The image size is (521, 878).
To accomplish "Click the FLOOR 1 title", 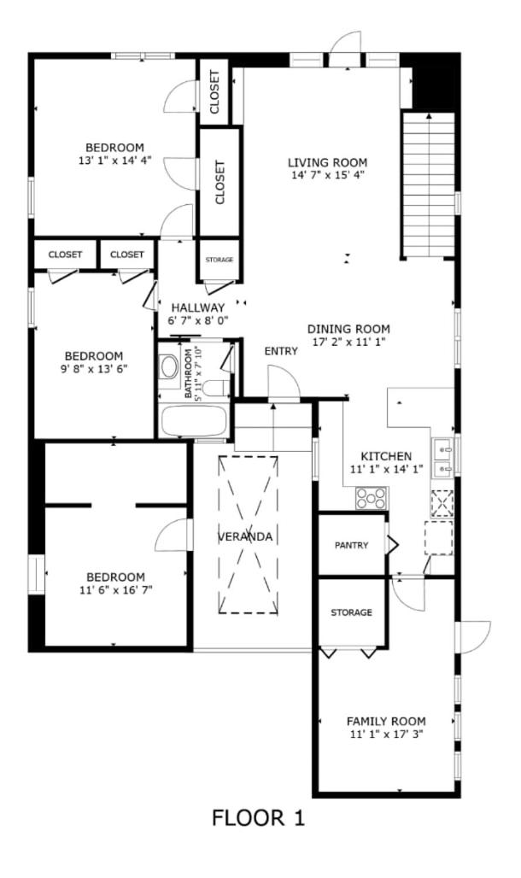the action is pos(258,818).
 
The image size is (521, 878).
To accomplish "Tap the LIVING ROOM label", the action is pos(328,162).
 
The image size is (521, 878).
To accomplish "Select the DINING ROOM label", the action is pos(348,330).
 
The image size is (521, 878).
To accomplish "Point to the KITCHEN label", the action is pos(386,456).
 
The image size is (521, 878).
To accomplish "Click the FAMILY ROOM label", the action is pos(386,721).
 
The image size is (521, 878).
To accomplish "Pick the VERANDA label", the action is pos(245,536).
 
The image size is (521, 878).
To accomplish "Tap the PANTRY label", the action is pos(351,546).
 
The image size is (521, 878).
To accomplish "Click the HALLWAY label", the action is pos(198,307).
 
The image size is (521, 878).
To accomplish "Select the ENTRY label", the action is pos(281,351).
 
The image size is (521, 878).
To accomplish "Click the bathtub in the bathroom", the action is pos(194,421).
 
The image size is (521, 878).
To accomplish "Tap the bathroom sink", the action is pos(168,366).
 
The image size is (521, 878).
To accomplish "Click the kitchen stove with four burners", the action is pos(372,498).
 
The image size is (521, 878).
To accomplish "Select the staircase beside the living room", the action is pos(429,184).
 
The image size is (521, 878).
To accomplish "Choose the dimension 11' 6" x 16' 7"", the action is pos(116,589).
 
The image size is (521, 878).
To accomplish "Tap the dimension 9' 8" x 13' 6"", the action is pos(94,368).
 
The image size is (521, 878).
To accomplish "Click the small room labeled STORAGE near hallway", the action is pos(220,260).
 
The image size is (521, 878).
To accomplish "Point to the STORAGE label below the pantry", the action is pos(351,612).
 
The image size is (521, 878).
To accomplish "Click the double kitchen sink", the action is pos(442,456).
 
